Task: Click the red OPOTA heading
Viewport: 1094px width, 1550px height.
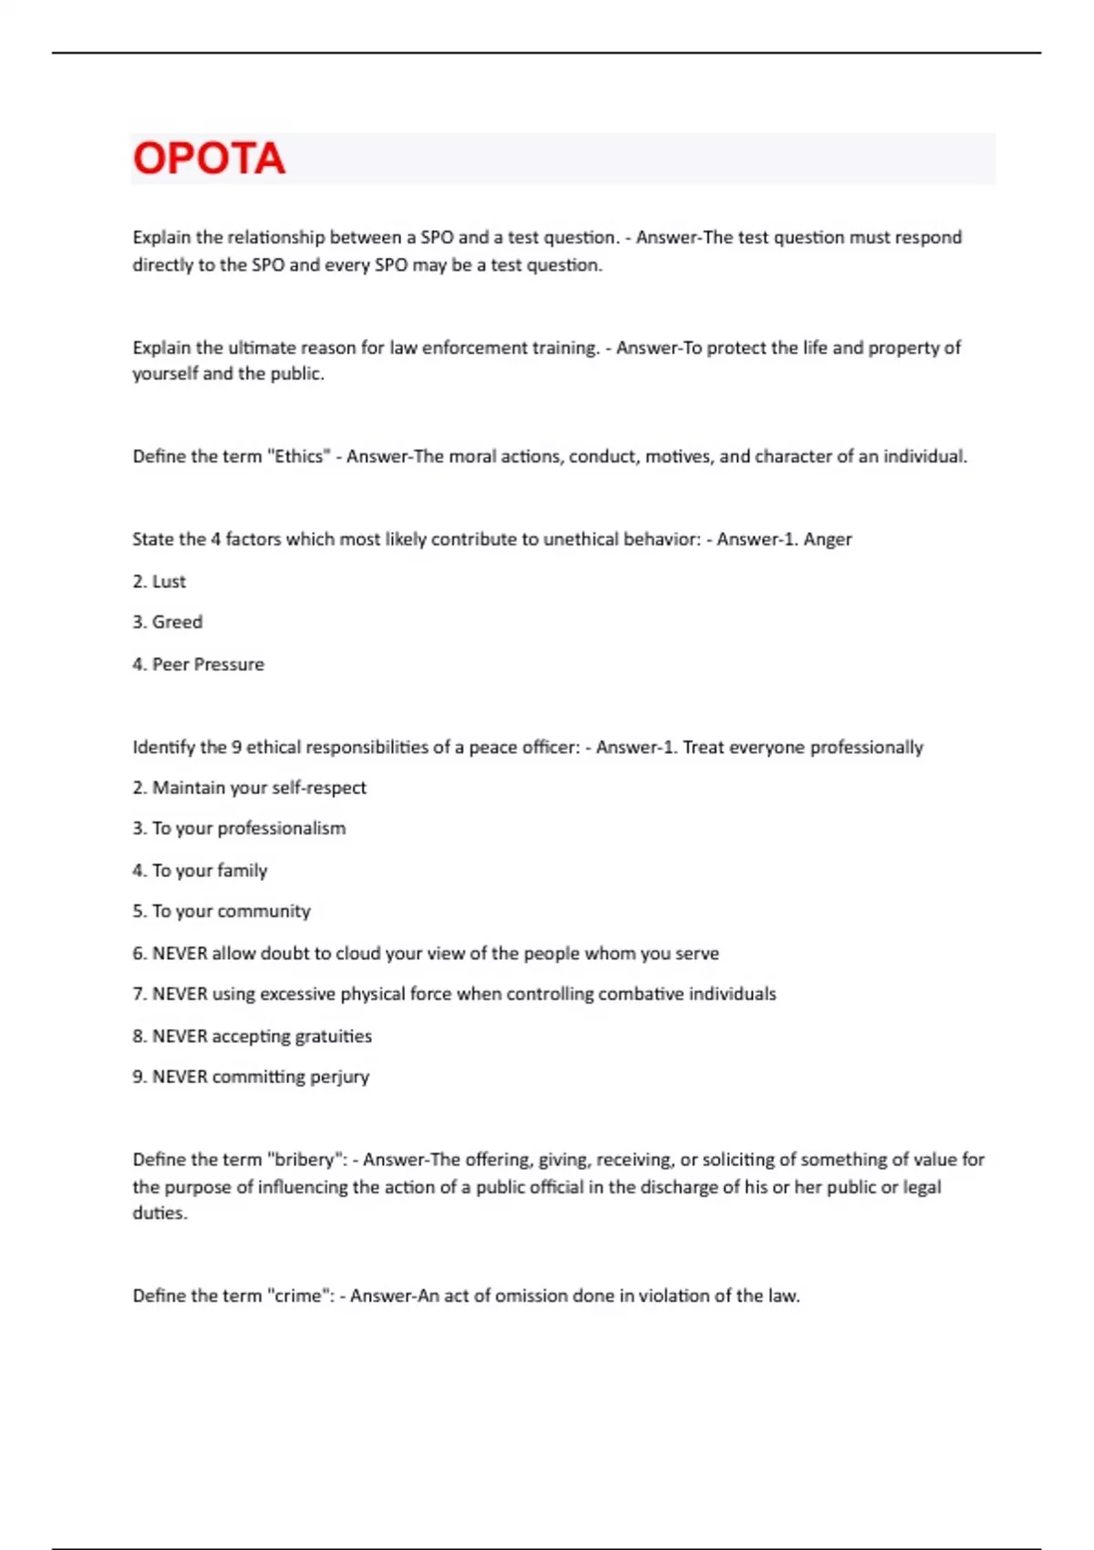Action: [x=209, y=159]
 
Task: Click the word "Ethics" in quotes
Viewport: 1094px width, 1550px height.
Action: [x=298, y=457]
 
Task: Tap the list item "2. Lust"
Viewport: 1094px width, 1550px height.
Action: [x=160, y=582]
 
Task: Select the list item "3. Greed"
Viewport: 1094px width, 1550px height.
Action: [x=168, y=622]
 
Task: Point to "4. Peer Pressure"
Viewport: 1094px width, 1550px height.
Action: [x=199, y=665]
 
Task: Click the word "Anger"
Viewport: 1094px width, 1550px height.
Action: [x=828, y=539]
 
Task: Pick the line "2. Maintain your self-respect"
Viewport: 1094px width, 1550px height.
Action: [x=250, y=788]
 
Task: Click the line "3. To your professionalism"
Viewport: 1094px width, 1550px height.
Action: [x=240, y=829]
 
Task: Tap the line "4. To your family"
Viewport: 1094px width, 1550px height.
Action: [x=201, y=871]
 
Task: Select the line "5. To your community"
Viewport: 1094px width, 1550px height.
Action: [x=222, y=912]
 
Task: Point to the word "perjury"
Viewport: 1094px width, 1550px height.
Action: [x=339, y=1077]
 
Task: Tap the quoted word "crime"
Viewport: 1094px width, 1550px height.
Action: [x=298, y=1296]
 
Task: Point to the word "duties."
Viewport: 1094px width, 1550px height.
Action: [x=160, y=1214]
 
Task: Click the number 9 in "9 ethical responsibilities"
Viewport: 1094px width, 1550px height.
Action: [x=236, y=748]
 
